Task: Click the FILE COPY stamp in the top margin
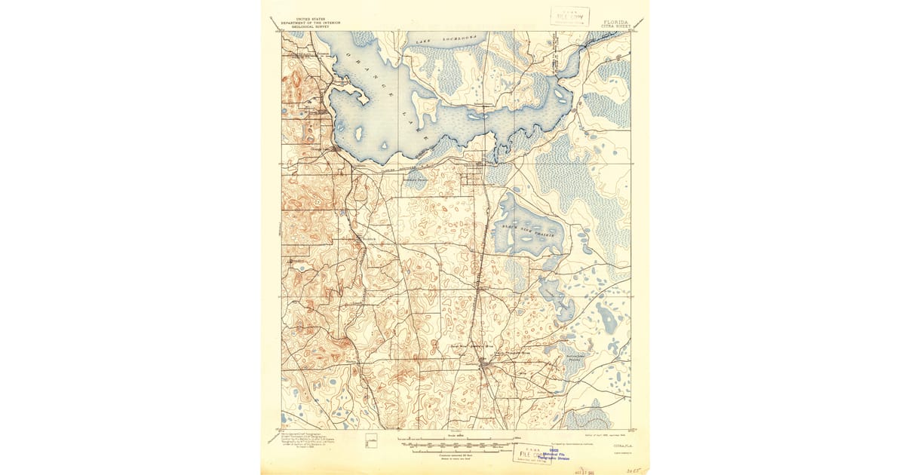point(569,16)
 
